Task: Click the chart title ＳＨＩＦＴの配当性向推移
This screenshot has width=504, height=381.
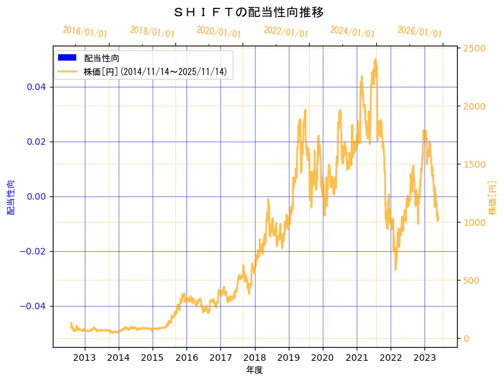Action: pos(249,12)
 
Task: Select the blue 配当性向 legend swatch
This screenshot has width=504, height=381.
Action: pos(67,58)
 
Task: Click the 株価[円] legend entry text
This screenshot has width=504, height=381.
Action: pos(155,72)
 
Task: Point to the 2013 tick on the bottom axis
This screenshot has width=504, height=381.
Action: pos(85,358)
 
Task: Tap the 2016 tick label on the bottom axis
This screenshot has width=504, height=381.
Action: pos(186,358)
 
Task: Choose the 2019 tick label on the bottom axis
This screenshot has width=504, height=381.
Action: pos(289,358)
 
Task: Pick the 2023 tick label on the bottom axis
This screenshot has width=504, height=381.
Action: pos(424,358)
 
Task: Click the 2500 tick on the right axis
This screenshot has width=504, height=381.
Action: pos(473,48)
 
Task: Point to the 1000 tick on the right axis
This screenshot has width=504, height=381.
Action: pos(473,222)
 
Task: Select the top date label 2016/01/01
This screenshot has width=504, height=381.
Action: pos(85,33)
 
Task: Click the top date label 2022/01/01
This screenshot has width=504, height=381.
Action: pos(286,32)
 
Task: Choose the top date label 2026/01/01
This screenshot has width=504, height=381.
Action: pos(419,32)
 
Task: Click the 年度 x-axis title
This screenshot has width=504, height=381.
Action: pos(254,370)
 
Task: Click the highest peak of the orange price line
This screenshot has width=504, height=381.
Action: pos(376,59)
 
